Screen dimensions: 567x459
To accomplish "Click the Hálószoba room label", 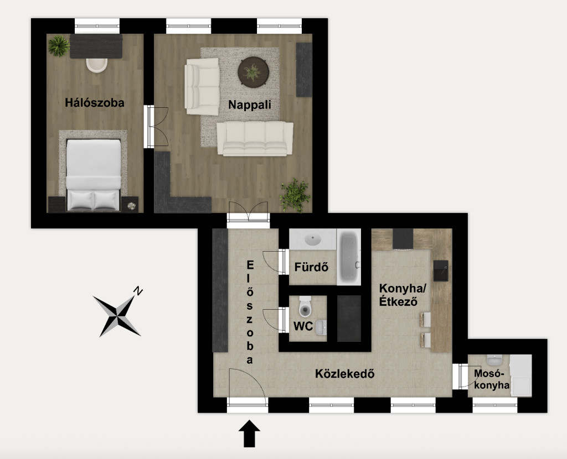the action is (x=95, y=103).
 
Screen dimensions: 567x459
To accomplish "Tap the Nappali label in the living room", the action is (x=250, y=105).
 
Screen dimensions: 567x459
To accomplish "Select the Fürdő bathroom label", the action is (x=311, y=267).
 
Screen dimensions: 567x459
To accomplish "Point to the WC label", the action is (x=303, y=326).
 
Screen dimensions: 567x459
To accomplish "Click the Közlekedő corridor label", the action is (x=344, y=373).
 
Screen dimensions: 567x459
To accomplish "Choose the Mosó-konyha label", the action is (x=492, y=379).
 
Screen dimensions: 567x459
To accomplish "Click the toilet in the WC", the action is (x=305, y=306).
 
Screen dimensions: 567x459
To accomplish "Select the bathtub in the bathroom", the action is (x=349, y=257).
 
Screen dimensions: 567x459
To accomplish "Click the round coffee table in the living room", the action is (x=253, y=72).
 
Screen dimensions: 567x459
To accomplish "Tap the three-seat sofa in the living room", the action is (x=255, y=139).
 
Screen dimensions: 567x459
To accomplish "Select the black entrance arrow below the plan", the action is (x=250, y=434).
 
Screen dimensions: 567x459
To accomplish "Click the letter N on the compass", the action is (x=138, y=291).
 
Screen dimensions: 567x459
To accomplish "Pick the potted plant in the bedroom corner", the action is (x=59, y=46).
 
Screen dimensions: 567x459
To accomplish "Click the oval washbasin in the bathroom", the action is (x=313, y=239).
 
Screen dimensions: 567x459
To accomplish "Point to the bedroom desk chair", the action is (x=96, y=65).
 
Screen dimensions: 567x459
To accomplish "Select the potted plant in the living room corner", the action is (x=295, y=195).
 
